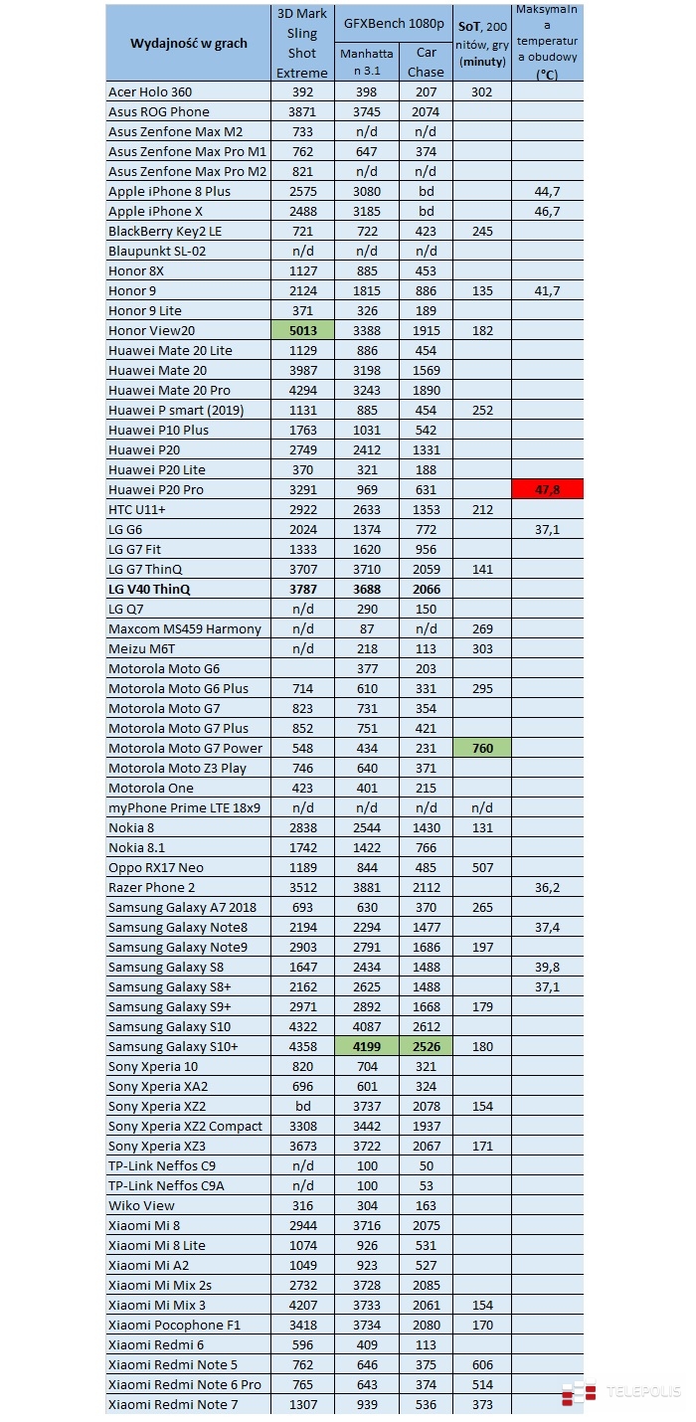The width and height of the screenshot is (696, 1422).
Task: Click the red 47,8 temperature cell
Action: tap(547, 489)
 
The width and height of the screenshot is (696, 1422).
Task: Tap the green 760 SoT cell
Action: tap(481, 748)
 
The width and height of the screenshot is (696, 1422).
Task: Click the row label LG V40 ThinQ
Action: tap(149, 589)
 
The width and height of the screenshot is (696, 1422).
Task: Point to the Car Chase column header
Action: tap(426, 62)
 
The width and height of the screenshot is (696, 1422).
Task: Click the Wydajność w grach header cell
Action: tap(188, 43)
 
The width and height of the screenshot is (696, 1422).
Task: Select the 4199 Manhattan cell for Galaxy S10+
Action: tap(367, 1046)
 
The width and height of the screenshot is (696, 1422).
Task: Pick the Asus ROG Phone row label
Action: tap(159, 111)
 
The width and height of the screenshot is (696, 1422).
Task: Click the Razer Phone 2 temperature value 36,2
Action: tap(547, 887)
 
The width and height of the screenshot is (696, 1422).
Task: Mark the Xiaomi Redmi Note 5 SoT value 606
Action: tap(481, 1364)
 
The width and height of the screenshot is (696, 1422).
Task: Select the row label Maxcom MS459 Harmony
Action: tap(185, 628)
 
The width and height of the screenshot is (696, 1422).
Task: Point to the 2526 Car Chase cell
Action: tap(426, 1046)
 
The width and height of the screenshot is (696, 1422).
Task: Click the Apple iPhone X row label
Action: tap(155, 211)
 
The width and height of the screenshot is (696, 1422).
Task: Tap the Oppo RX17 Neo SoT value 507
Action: tap(481, 867)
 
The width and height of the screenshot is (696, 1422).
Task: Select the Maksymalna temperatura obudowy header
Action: tap(547, 43)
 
